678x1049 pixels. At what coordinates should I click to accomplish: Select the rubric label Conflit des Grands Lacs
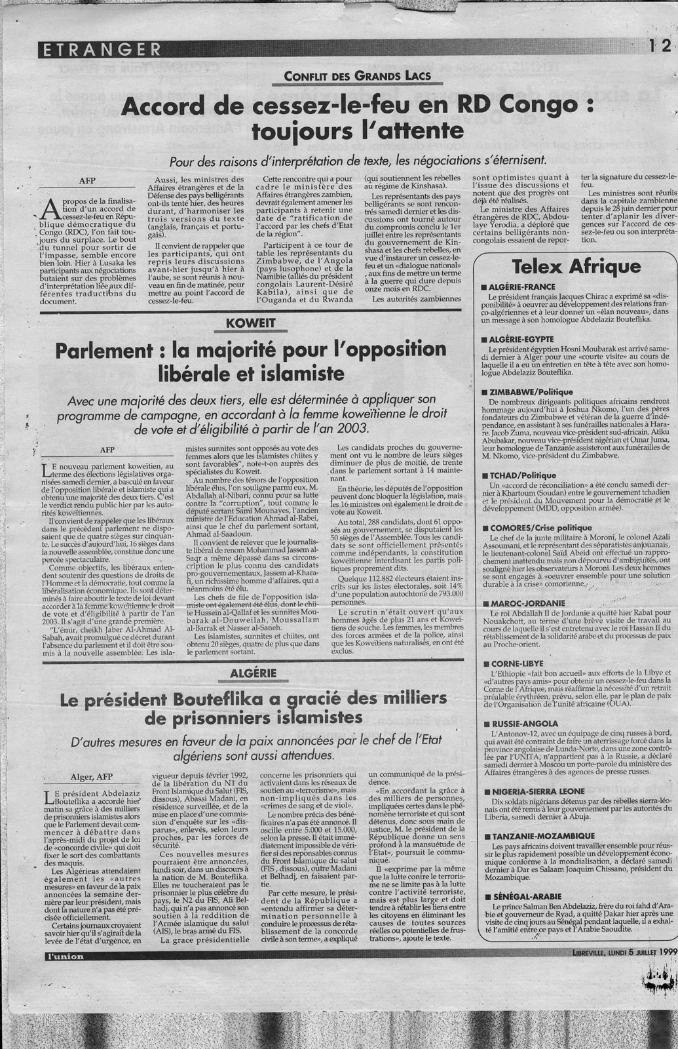point(358,76)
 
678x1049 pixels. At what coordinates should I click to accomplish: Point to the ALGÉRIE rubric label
point(254,673)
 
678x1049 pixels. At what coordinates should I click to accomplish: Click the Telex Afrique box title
point(576,267)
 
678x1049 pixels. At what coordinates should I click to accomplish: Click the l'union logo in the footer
point(64,957)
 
